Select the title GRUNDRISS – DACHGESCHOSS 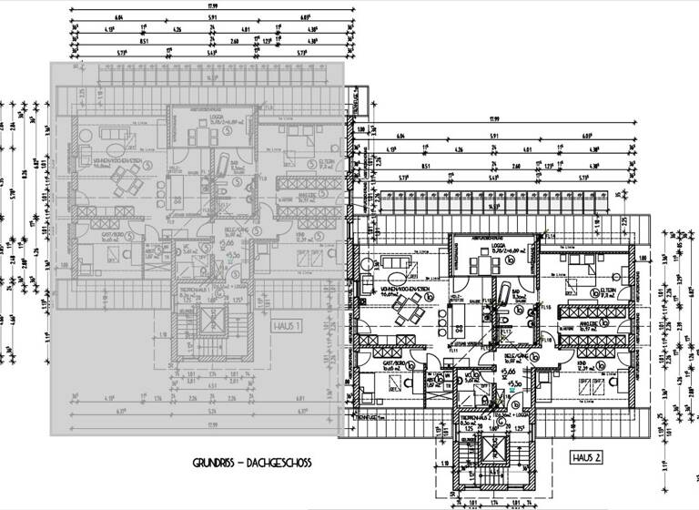click(x=252, y=464)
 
